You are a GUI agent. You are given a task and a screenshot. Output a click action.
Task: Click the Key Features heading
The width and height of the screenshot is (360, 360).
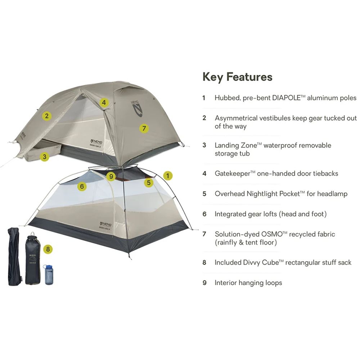coord(238,77)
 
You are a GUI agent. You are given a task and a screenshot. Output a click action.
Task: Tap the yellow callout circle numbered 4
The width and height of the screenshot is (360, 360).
coord(104,103)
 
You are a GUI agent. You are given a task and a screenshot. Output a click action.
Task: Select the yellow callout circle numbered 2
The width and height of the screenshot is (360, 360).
coord(46,116)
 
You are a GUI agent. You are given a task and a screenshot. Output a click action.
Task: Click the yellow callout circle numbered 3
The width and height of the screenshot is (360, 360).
coord(44,157)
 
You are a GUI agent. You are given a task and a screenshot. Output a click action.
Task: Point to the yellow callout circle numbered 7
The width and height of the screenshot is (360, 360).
coord(143,128)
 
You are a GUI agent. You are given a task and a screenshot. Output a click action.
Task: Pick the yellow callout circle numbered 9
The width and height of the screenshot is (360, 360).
coord(111,176)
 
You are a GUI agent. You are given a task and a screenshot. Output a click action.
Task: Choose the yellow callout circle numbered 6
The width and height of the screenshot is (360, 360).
coord(82,186)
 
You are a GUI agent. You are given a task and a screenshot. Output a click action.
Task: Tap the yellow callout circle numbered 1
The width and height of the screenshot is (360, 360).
coord(167,176)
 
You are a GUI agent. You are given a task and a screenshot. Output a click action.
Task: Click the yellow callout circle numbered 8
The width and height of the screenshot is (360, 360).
coord(48,249)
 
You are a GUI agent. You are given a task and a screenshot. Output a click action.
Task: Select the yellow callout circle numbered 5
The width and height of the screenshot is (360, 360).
coord(149,183)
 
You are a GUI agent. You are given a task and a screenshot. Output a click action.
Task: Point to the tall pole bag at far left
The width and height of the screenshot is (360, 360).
coord(14,256)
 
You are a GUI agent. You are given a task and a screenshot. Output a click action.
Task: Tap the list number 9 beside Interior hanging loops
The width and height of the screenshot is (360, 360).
coord(204,283)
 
